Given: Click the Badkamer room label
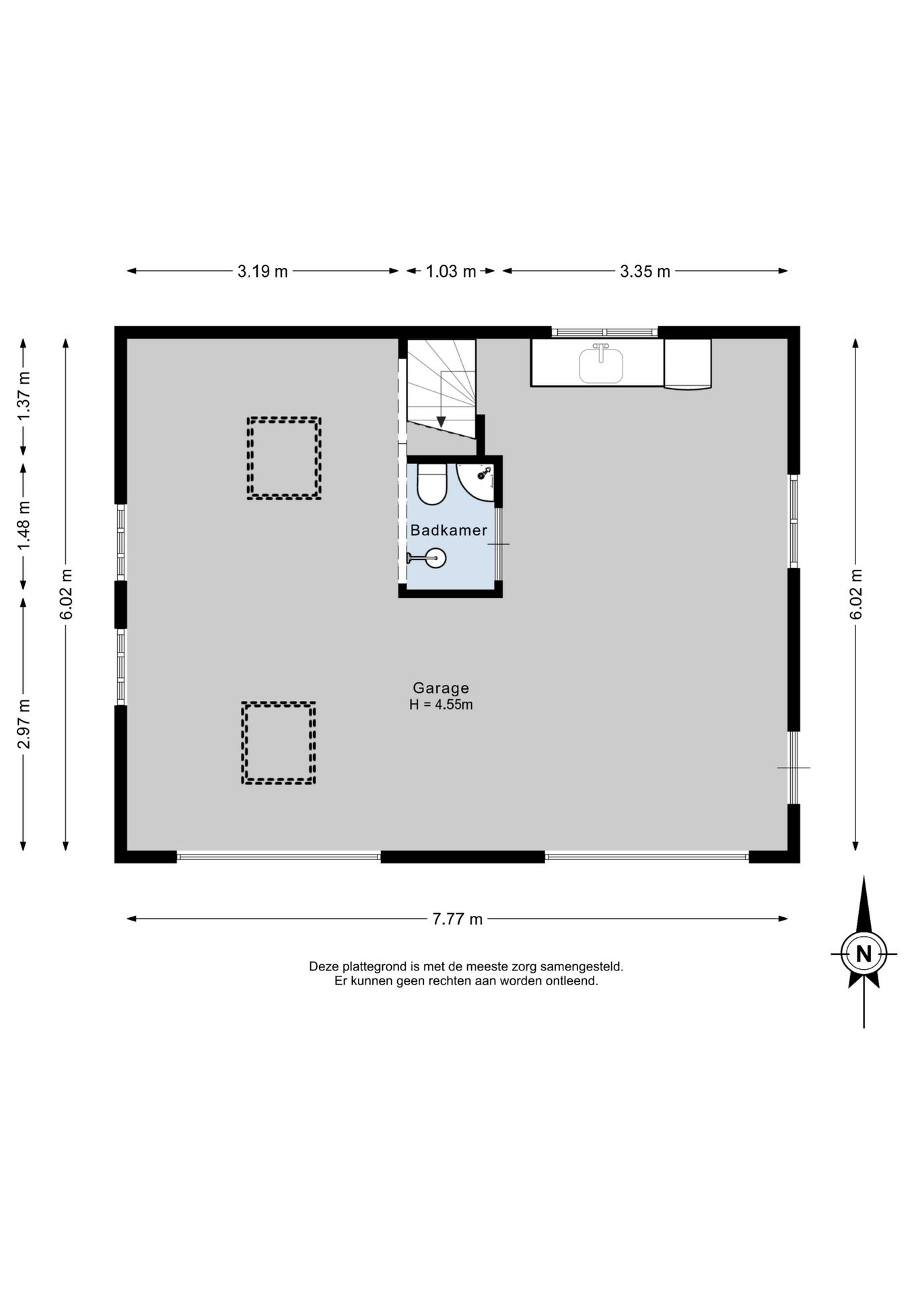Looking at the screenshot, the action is pos(448,530).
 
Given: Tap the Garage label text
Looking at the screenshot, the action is pos(441,688).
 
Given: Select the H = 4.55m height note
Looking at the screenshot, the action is pos(441,705).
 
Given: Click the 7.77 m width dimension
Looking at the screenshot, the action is pos(457,919).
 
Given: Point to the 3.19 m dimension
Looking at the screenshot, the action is pos(262,271).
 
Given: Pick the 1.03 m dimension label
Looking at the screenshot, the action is pos(451,271).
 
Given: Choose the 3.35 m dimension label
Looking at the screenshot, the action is pos(645,271).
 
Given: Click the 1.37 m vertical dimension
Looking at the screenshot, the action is pos(24,397).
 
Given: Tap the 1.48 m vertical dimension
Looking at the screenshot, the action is pos(24,525).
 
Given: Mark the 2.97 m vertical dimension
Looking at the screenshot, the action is pos(24,724).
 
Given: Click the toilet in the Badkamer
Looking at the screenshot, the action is pos(431,483).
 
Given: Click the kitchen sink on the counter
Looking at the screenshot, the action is pos(601,365).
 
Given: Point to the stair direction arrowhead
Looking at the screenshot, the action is pos(441,422).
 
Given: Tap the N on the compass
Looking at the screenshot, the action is pos(864,954).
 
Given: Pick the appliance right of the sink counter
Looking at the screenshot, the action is pos(688,364).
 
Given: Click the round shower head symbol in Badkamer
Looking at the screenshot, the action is pos(436,558).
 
